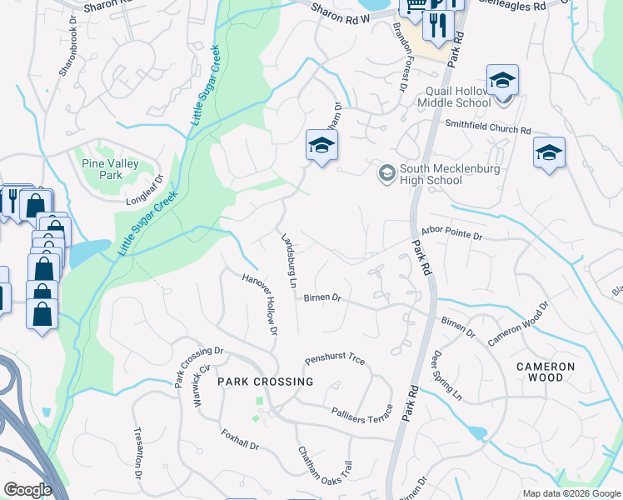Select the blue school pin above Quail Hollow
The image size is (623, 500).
point(502,82)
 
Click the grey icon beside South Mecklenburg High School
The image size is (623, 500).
point(386,173)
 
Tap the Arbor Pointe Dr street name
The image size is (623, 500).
point(452,237)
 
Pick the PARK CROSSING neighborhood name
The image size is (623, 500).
point(265,382)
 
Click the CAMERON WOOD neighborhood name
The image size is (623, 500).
point(546,372)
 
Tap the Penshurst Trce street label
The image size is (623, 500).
point(335,361)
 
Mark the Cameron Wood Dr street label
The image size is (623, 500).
point(519,323)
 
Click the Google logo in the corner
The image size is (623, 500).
point(27,490)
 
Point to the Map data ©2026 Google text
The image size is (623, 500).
point(571,493)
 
